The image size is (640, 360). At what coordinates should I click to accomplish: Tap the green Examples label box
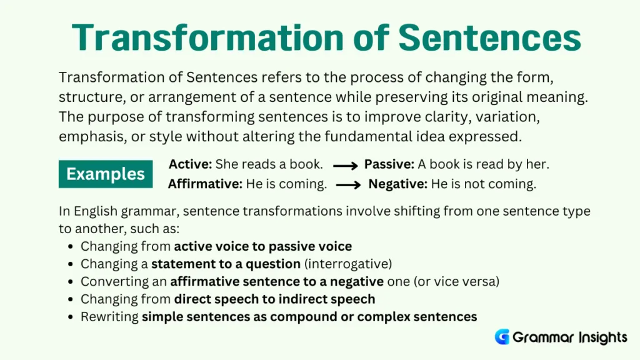[x=106, y=174]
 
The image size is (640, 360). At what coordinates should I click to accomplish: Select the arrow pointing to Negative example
[x=348, y=185]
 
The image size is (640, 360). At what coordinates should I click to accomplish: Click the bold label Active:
[x=191, y=164]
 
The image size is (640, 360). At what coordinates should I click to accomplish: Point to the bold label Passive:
[x=389, y=164]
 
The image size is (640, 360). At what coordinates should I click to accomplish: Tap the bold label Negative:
[x=397, y=184]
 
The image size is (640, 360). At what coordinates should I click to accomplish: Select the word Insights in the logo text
[x=595, y=337]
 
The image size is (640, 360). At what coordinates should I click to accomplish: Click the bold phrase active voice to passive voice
[x=262, y=246]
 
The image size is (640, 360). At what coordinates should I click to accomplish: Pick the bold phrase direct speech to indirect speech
[x=274, y=299]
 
